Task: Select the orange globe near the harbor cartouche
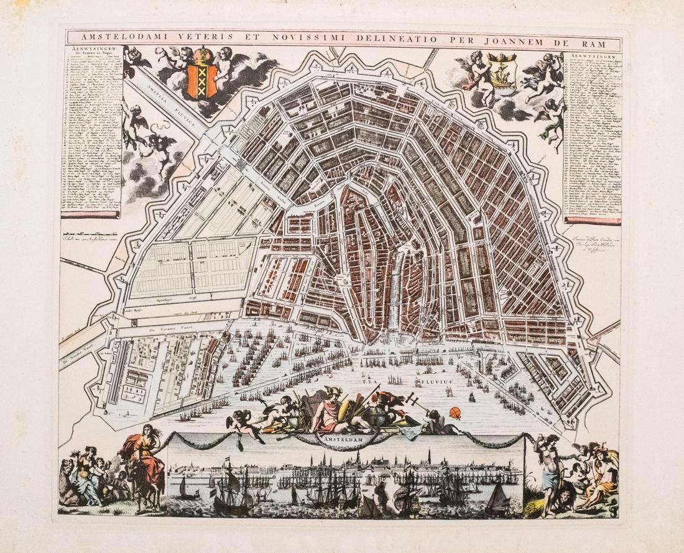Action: [x=456, y=413]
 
